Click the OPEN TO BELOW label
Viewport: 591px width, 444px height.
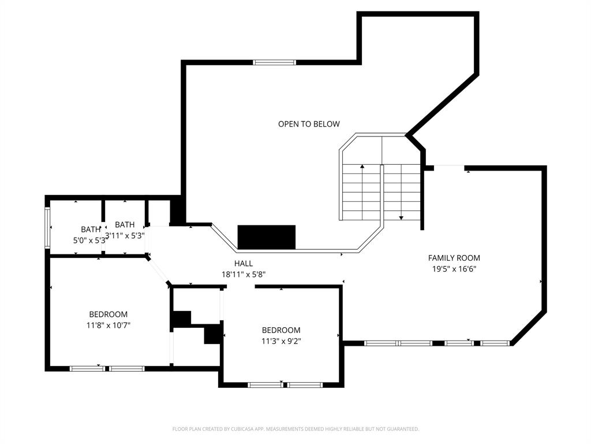309,124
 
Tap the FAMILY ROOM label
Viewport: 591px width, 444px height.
454,258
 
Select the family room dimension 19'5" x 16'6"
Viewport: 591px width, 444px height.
454,268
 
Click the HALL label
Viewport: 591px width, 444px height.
243,264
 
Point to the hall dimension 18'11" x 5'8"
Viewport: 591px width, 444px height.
243,275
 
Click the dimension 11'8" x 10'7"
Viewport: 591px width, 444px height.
109,325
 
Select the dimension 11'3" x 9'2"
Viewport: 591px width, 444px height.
281,341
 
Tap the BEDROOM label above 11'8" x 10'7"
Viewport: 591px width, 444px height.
109,314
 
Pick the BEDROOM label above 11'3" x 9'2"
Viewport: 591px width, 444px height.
281,330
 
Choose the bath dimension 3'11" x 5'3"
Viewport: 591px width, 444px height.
125,235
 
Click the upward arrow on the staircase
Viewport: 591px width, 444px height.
362,167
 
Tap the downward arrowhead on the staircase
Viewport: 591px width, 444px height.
401,218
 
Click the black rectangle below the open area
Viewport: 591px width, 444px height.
267,237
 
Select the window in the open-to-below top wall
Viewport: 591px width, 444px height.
275,62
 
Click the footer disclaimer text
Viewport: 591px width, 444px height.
295,429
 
